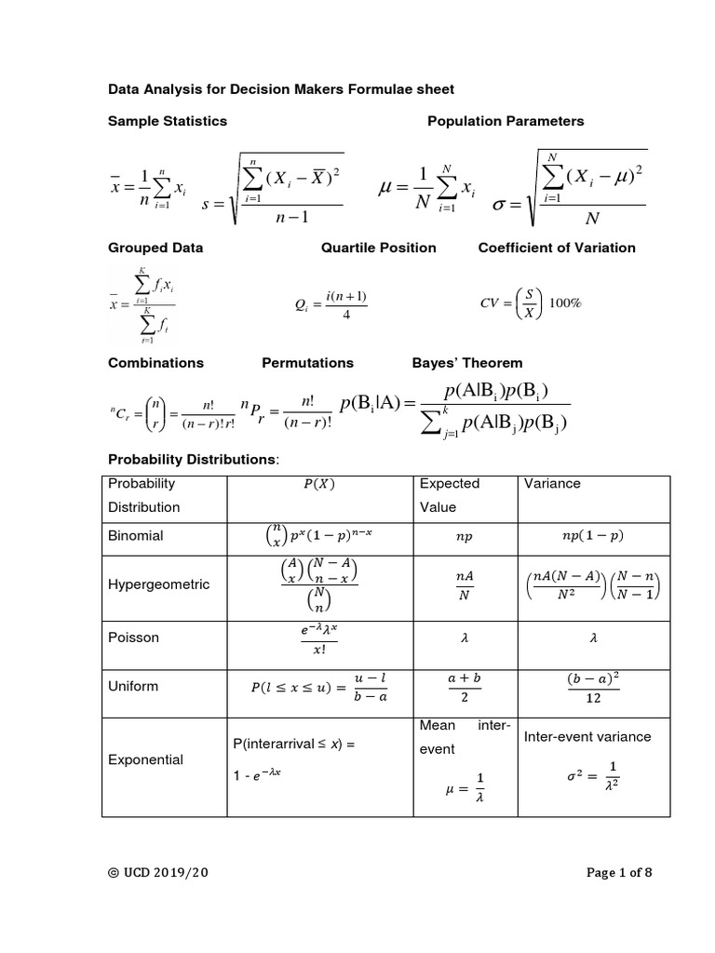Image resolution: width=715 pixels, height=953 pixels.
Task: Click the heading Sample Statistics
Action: (168, 121)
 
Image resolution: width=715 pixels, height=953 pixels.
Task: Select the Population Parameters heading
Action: (506, 121)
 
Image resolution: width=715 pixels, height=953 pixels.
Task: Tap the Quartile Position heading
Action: (378, 248)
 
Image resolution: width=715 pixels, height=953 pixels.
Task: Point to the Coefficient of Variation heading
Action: (557, 248)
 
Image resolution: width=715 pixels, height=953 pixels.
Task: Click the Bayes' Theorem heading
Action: (467, 363)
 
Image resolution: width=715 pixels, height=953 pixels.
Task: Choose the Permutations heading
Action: (308, 363)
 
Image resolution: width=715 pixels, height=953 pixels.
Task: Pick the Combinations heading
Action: (155, 363)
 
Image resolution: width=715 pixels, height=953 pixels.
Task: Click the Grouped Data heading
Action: (155, 248)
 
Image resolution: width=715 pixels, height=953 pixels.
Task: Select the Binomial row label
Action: (136, 536)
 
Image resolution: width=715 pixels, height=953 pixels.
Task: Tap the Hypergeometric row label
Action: (159, 584)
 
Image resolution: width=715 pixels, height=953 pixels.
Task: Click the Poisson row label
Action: (133, 638)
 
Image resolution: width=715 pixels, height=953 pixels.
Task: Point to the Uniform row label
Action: (134, 686)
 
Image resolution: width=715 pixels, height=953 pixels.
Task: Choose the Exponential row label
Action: (146, 759)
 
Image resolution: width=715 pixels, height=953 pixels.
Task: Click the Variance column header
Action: (553, 484)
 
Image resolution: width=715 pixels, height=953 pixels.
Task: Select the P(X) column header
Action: (317, 484)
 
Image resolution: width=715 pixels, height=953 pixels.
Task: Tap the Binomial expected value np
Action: (463, 537)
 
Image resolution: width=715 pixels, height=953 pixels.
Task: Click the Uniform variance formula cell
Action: (593, 687)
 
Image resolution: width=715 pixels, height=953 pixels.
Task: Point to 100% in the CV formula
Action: (564, 303)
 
